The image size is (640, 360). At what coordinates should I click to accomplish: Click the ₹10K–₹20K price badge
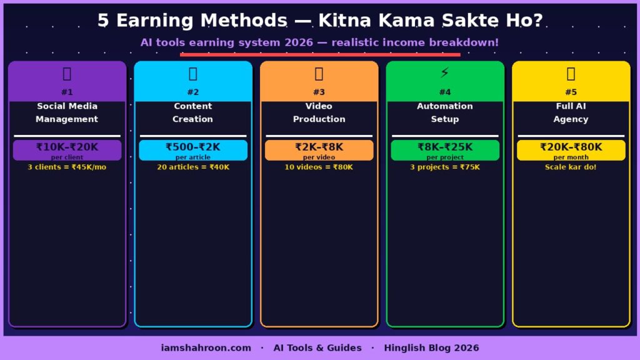click(67, 150)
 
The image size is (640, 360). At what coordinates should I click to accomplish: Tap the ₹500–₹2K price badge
click(192, 150)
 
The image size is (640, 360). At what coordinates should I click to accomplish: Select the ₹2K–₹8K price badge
click(319, 150)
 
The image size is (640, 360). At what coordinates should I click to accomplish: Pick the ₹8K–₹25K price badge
click(445, 150)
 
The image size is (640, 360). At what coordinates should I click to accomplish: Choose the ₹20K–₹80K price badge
click(571, 150)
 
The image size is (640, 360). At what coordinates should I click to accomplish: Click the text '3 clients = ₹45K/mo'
click(67, 167)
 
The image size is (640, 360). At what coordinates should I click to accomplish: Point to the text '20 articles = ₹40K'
click(192, 167)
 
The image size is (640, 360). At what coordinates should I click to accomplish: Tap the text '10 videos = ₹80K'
click(319, 167)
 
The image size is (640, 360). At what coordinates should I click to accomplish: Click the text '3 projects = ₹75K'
click(445, 167)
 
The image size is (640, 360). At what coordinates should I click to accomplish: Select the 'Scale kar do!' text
click(571, 167)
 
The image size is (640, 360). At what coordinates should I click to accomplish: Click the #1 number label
click(67, 92)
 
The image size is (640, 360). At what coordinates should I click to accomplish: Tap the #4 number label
click(445, 92)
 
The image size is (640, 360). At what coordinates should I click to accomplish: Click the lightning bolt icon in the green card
click(445, 74)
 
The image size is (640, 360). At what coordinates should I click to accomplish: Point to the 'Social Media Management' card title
click(67, 112)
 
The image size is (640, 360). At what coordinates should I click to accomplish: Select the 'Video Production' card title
click(319, 112)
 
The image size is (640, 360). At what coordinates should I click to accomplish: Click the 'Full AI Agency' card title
click(571, 112)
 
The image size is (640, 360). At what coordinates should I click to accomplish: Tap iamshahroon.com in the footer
click(206, 347)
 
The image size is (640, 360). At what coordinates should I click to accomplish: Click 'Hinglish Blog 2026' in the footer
click(431, 347)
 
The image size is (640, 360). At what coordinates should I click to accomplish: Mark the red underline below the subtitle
click(320, 54)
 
